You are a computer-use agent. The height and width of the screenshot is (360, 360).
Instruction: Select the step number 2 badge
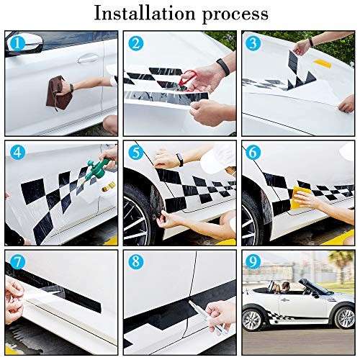(x=135, y=43)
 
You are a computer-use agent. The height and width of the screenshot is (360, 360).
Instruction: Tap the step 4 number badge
(x=16, y=153)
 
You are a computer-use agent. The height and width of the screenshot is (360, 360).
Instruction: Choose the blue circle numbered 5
(x=135, y=153)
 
